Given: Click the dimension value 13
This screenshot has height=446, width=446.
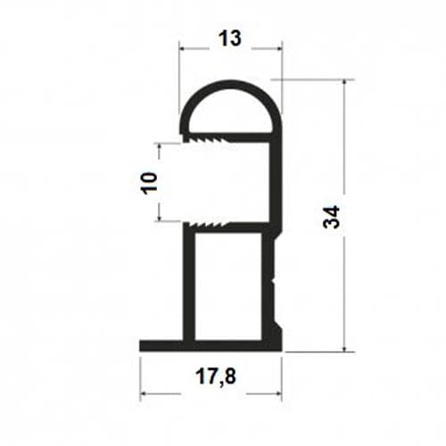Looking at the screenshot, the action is tap(229, 38).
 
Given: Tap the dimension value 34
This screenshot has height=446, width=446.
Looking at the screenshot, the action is tap(331, 217).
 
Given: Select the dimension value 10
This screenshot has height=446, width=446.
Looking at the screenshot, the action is tap(149, 183).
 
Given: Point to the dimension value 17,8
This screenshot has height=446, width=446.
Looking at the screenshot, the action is tap(216, 376).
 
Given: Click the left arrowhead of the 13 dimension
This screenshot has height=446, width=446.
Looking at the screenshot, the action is tap(183, 48).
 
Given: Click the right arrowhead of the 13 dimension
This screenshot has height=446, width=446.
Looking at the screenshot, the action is tap(278, 48).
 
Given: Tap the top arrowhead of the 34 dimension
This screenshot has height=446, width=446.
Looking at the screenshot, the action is tap(344, 84).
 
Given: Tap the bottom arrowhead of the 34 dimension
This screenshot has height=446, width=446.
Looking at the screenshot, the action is tap(344, 348).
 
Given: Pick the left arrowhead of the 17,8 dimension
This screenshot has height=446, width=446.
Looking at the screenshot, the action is tap(144, 393).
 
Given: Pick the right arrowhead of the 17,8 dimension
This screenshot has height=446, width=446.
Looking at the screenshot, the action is tap(278, 393).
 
